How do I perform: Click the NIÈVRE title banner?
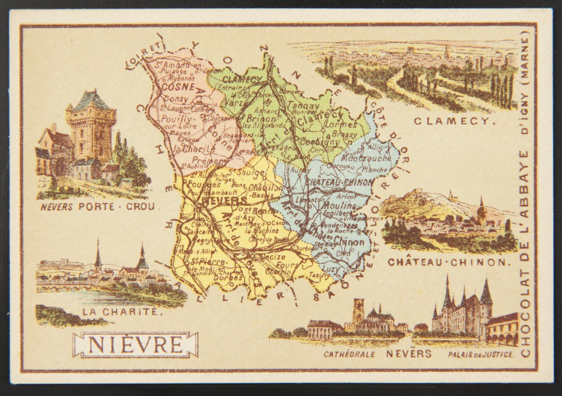pos(135,345)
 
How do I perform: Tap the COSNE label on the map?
pos(173,87)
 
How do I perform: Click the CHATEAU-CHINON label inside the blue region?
pos(339,182)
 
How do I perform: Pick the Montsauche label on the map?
pos(360,158)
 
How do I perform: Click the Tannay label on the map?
pos(303,106)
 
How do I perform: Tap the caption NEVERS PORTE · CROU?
pos(97,206)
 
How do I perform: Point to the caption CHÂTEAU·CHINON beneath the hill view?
pos(449,262)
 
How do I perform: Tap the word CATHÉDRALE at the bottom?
pos(349,354)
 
